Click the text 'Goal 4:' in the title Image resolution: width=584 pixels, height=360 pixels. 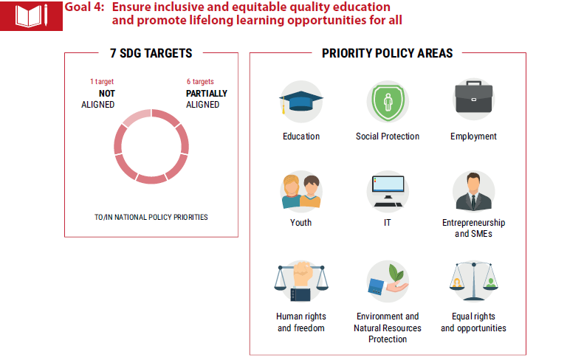(x=85, y=7)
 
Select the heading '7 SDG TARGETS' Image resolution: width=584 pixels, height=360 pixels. (x=151, y=53)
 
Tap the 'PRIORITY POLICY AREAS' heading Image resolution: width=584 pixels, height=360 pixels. (x=388, y=53)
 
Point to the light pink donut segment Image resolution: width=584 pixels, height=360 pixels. (x=137, y=117)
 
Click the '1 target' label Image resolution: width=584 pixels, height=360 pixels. (x=102, y=82)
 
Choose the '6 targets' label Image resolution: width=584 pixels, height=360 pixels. (x=200, y=82)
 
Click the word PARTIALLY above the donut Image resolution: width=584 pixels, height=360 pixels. (x=207, y=94)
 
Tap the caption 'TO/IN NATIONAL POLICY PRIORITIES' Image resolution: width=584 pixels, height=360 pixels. (x=151, y=217)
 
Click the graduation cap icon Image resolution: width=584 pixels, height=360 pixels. (x=301, y=101)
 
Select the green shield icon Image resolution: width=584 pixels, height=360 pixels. (x=388, y=102)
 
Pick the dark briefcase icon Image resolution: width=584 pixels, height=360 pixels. (x=474, y=97)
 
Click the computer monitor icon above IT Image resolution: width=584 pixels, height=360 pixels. (x=388, y=191)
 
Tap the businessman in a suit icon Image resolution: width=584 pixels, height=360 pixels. (x=474, y=192)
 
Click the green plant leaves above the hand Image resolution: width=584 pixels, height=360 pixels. (x=396, y=274)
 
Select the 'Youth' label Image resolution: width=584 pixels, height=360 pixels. (x=301, y=223)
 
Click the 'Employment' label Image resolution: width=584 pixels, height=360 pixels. (x=473, y=136)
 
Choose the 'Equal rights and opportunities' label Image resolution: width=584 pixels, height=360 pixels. (x=473, y=322)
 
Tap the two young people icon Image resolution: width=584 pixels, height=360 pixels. (x=301, y=191)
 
